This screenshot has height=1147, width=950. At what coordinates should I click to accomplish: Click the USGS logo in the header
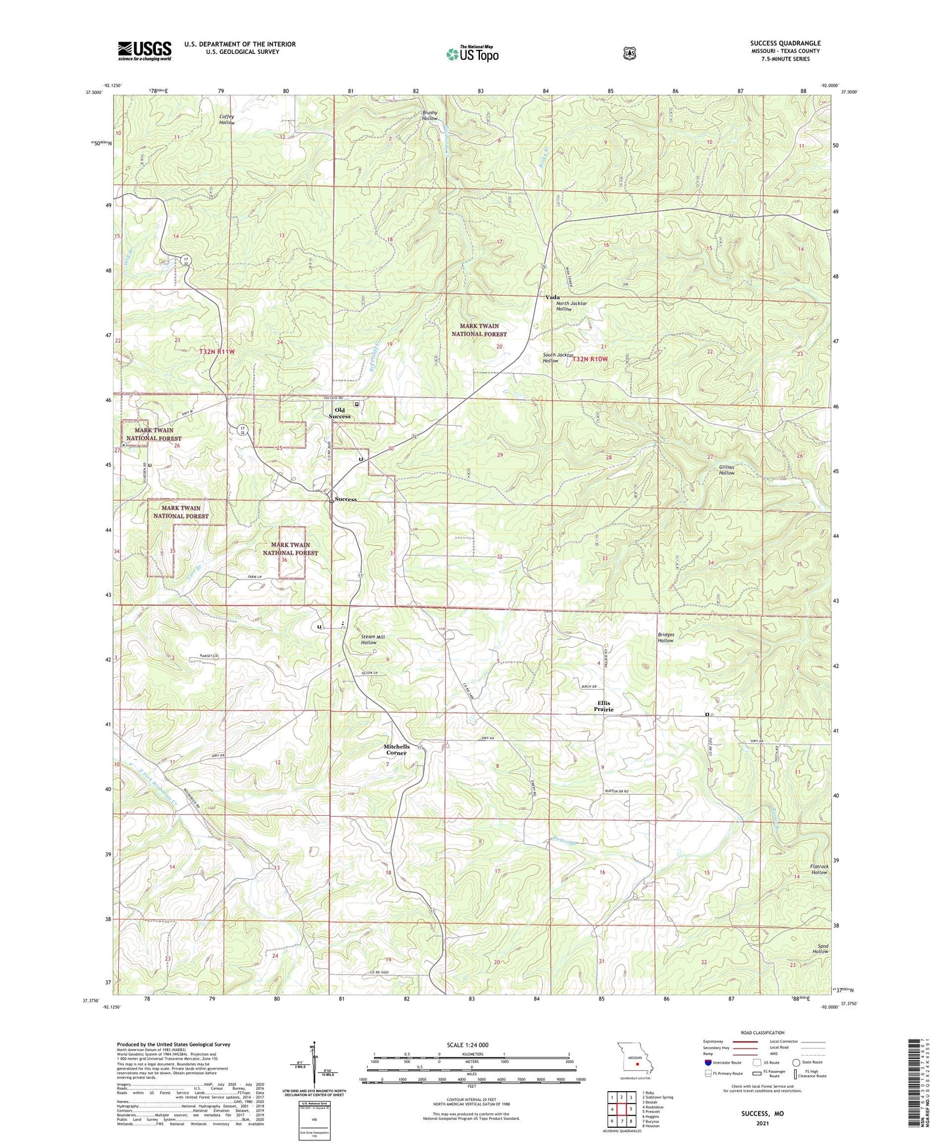145,50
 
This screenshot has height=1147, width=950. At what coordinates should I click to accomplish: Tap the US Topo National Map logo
472,53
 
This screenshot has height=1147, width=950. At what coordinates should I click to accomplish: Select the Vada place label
552,297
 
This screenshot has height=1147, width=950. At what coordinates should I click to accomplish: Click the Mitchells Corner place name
396,750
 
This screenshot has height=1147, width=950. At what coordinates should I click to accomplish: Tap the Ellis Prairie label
604,706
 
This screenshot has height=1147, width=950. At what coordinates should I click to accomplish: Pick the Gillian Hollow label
726,470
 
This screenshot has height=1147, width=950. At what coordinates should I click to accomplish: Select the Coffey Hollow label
227,120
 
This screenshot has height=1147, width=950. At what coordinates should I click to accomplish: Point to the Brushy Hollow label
429,116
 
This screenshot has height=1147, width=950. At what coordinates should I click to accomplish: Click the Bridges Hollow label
665,637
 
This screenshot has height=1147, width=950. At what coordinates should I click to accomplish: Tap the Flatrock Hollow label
819,869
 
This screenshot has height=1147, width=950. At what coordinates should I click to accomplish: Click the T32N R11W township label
216,352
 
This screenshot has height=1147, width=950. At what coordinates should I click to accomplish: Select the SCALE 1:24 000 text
467,1045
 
